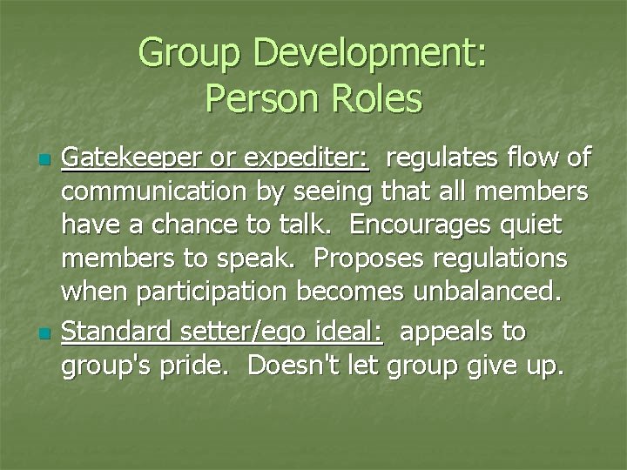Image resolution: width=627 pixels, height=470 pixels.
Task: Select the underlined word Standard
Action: (115, 332)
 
